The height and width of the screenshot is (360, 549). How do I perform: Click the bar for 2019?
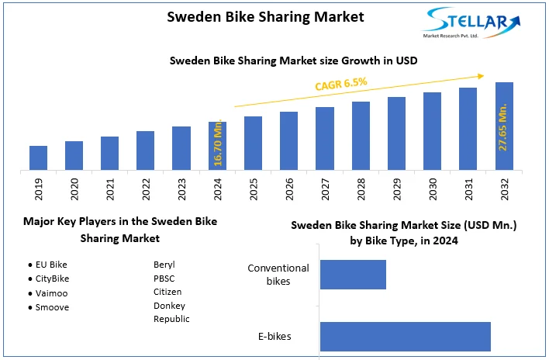click(x=39, y=157)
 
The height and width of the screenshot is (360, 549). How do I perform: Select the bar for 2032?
click(x=504, y=126)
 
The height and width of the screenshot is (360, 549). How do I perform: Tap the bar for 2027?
click(x=325, y=138)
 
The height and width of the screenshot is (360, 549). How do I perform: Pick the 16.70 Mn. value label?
click(x=218, y=144)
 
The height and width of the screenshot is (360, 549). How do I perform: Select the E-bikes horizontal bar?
click(x=405, y=336)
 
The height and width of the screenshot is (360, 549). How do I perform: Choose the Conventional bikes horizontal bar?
click(x=353, y=274)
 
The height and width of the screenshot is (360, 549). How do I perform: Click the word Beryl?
click(x=164, y=265)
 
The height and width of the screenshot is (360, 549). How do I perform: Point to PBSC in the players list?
click(x=164, y=279)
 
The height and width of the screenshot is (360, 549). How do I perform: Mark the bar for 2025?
click(x=254, y=143)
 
